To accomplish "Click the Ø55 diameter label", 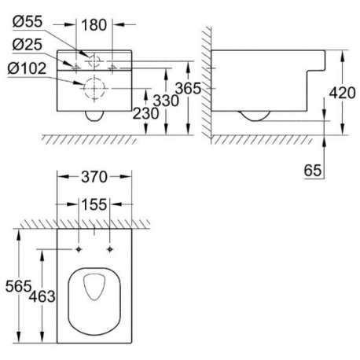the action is point(28,21).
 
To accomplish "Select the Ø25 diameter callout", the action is point(28,44).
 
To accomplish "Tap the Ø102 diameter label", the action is point(27,68).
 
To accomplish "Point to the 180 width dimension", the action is point(94,25).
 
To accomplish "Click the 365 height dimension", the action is point(188,88).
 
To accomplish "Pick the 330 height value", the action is point(166,101).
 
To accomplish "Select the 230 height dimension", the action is point(145,113).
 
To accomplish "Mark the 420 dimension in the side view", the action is point(342,93).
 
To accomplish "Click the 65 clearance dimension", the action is point(313,171).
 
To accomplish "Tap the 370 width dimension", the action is point(94,177).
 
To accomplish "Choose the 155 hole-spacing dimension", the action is point(94,204).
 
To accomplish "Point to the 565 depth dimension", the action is point(18,286).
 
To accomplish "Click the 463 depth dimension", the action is point(42,296).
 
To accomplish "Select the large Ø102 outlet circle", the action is point(94,78).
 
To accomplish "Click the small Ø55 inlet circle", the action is point(89,61).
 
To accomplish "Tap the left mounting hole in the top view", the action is point(79,249).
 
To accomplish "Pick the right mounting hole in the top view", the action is point(110,249).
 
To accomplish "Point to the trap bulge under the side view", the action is point(254,121).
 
